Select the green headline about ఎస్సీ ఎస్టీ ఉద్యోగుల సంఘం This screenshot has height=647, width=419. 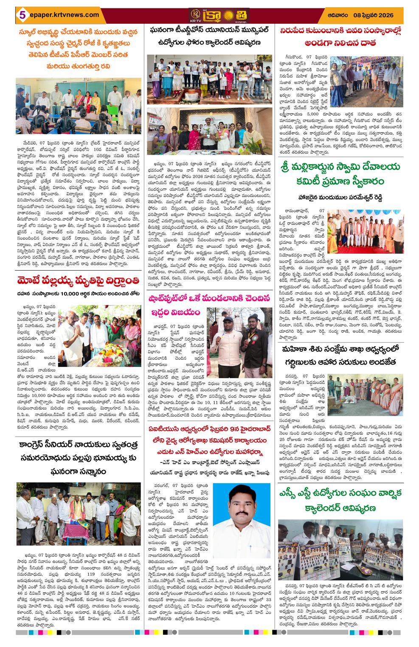(348, 499)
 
